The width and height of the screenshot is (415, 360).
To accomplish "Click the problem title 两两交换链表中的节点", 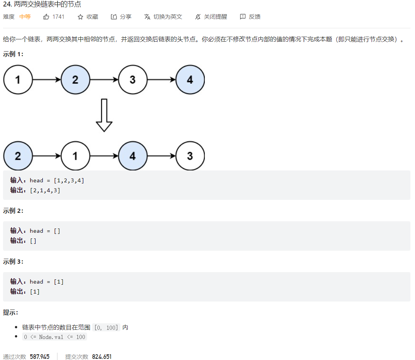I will point(47,5).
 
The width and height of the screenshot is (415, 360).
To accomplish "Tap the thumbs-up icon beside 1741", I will point(46,17).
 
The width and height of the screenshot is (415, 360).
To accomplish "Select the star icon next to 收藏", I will point(80,17).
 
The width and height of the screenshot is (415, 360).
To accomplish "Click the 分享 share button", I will point(121,17).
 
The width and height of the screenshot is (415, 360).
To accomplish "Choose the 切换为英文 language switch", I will point(163,17).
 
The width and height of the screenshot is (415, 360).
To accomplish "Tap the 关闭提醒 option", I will point(211,17).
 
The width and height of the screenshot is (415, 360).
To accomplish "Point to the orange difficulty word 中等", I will point(25,17).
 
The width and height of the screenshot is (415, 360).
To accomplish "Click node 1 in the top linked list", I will point(18,80).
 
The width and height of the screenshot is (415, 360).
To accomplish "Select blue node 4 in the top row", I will point(190,80).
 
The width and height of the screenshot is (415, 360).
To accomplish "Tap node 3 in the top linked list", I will point(133,80).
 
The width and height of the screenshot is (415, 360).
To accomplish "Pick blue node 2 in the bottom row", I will point(18,156).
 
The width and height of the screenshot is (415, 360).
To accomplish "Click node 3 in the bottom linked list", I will point(190,156).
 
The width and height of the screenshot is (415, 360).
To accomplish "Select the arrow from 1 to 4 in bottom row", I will point(104,156).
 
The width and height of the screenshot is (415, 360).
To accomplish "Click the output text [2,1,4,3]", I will point(45,190).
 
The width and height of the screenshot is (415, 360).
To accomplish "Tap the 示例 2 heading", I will point(13,211).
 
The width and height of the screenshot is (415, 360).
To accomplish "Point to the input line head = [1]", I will point(47,282).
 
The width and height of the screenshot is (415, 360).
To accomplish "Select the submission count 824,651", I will point(102,357).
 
